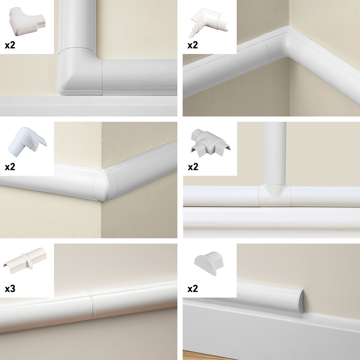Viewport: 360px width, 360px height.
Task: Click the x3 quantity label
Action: (x=10, y=289)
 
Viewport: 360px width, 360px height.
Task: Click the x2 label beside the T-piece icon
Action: (x=193, y=167)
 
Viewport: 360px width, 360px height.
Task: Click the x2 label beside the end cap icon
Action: (x=193, y=289)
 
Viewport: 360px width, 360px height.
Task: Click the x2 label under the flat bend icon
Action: (x=10, y=45)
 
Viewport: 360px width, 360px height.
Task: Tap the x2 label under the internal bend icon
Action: (x=193, y=45)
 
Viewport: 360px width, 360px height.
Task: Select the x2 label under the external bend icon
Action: (x=10, y=167)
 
